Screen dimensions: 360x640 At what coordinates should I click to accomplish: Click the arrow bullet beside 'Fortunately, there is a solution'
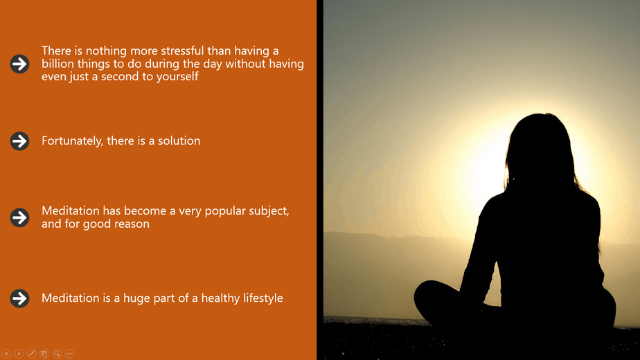click(x=19, y=141)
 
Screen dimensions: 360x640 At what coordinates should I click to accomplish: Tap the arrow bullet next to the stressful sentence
click(x=19, y=64)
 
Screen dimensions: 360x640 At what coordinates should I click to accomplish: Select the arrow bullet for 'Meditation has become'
click(x=19, y=217)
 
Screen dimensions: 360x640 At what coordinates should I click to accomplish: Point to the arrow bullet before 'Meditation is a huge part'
click(x=19, y=298)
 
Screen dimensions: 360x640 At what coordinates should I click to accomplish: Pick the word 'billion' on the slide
click(x=57, y=64)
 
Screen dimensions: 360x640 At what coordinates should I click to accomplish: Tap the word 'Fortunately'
click(x=72, y=141)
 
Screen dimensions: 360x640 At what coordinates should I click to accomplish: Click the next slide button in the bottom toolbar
click(x=19, y=354)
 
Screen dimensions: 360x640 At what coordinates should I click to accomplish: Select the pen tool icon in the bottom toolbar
click(x=31, y=354)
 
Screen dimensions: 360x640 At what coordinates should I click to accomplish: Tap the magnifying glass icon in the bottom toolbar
click(x=57, y=354)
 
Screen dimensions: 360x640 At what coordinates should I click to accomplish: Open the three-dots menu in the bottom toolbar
click(x=69, y=354)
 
